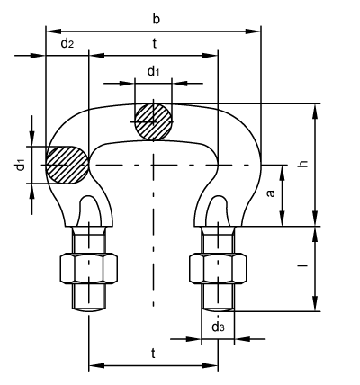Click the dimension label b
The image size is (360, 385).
(x=157, y=19)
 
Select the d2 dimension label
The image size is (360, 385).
(x=67, y=43)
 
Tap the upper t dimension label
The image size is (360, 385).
(x=154, y=44)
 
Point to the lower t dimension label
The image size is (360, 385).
(x=153, y=354)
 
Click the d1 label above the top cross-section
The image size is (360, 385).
(x=153, y=71)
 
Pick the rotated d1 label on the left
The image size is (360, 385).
(x=20, y=165)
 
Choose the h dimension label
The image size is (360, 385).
(x=304, y=164)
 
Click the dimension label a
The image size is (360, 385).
(x=271, y=193)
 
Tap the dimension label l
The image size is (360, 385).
(x=303, y=265)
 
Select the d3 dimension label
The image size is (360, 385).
(x=218, y=327)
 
